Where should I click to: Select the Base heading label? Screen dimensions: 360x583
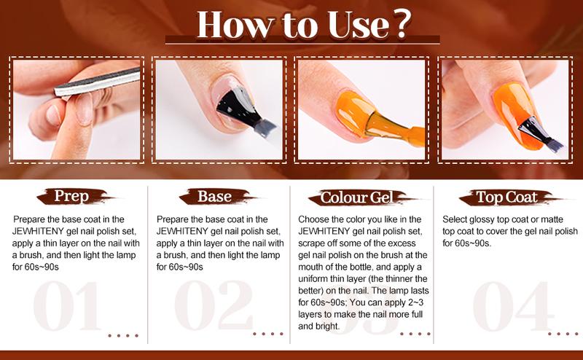point(214,197)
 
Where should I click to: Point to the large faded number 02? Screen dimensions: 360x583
point(212,306)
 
